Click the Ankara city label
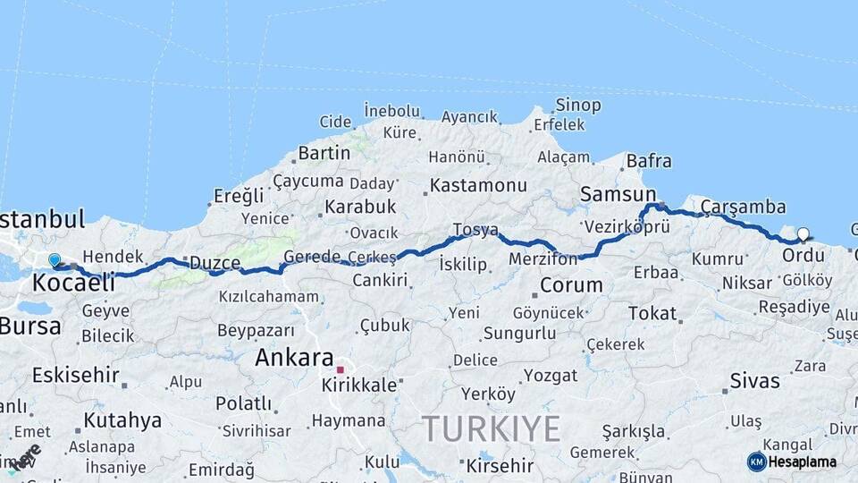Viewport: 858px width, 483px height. point(294,358)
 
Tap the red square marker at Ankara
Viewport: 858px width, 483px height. point(340,369)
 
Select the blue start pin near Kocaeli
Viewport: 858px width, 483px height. point(55,260)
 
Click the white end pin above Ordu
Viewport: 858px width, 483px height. point(803,235)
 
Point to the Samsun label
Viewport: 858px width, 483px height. point(618,194)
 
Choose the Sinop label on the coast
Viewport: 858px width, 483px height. point(578,106)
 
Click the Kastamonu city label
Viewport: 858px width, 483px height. point(478,186)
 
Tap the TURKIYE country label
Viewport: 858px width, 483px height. point(491,428)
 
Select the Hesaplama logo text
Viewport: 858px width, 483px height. point(803,462)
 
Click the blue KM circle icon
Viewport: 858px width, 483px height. point(756,462)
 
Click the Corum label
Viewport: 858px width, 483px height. point(571,286)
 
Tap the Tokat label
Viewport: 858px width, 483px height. point(652,313)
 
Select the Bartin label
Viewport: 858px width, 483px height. point(324,153)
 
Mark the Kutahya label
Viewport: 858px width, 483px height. point(122,419)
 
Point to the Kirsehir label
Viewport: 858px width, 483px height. point(500,466)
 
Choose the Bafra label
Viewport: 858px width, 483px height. point(649,161)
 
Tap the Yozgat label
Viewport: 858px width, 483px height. point(551,374)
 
